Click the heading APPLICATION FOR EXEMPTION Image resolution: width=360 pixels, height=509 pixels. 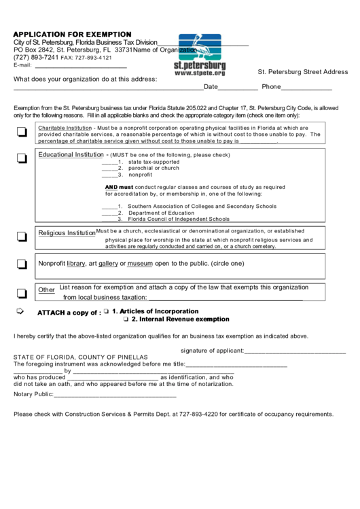coord(73,34)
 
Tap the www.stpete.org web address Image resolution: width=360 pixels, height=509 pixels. coord(200,72)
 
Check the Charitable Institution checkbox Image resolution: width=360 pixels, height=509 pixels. coord(22,134)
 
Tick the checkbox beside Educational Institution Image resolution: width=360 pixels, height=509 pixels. coord(22,158)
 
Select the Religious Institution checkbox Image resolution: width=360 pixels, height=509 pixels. coord(22,236)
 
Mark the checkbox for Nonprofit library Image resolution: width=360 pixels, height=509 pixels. coord(22,264)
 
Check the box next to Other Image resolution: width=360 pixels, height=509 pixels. coord(22,293)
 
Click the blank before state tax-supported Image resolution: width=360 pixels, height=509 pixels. coord(109,162)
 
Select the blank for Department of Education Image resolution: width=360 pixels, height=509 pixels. coord(109,213)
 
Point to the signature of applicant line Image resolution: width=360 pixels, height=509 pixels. coord(295,351)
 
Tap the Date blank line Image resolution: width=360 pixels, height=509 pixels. coord(238,88)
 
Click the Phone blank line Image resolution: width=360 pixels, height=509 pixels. coord(306,88)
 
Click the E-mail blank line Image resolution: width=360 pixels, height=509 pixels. coord(80,66)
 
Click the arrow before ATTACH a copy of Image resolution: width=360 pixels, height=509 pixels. coord(20,311)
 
